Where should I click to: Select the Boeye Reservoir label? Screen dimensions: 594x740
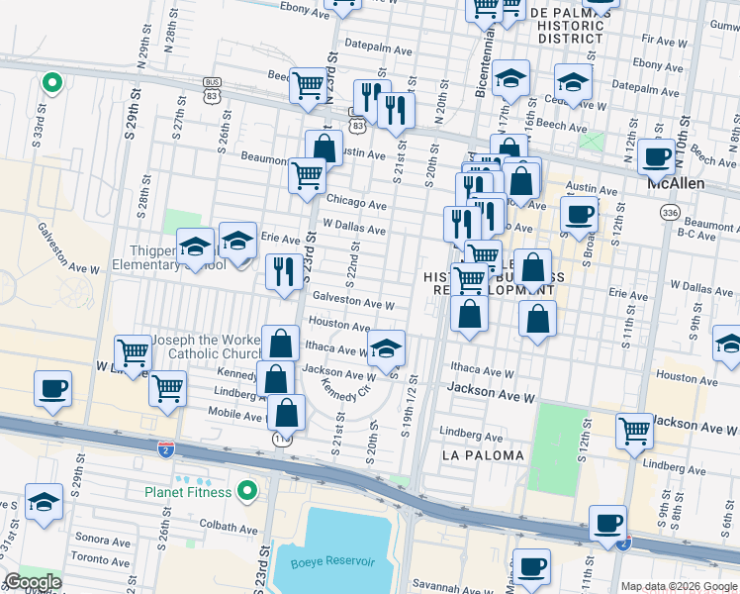pyautogui.click(x=332, y=562)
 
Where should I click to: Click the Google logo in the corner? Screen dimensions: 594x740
pyautogui.click(x=33, y=582)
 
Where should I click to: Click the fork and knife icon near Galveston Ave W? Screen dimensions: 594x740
pyautogui.click(x=285, y=270)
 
